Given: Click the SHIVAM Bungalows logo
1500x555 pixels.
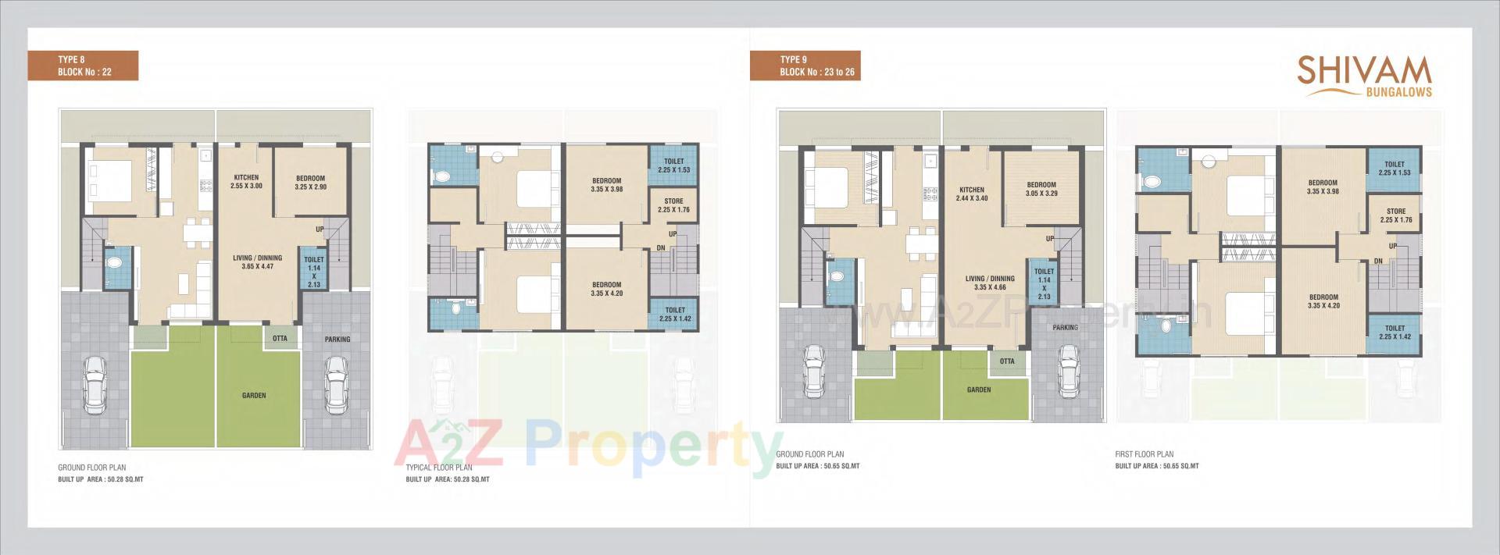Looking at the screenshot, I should point(1364,76).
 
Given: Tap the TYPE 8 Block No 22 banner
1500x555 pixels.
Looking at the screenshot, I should point(84,66).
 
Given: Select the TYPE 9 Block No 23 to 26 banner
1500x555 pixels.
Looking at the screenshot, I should point(805,66).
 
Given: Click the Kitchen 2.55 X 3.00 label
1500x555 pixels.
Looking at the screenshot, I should point(246,182).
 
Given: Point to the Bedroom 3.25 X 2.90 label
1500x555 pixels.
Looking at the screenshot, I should point(310,183).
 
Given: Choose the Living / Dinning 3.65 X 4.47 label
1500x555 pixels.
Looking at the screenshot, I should point(257,261).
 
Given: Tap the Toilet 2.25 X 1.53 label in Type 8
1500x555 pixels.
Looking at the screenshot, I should point(673,165).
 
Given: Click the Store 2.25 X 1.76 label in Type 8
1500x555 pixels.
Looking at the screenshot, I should point(673,205).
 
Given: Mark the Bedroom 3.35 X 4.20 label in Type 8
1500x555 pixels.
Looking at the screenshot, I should point(606,289).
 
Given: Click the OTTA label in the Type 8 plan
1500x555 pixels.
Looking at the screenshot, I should point(280,338).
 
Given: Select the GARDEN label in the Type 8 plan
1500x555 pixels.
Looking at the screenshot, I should point(254,396).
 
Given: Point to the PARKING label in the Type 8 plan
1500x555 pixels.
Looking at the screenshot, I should point(337,340).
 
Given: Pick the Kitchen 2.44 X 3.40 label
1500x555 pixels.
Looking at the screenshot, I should point(972,194).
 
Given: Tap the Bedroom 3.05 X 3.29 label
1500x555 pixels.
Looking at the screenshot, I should point(1041,189).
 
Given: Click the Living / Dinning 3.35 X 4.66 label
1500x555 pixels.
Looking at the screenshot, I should point(990,283).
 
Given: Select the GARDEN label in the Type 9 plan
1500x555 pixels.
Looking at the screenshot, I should point(979,390).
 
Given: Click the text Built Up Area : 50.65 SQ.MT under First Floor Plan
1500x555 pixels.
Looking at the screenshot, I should point(1157,466).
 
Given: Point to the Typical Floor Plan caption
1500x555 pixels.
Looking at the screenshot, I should point(439,468).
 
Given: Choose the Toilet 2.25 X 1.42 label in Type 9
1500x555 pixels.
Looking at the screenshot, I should point(1395,333).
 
